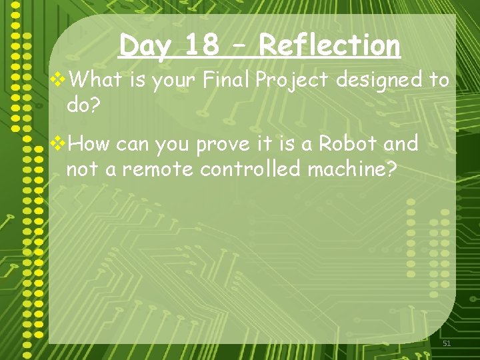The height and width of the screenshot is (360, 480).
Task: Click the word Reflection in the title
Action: point(329,46)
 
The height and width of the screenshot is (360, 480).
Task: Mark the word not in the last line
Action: point(81,169)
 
